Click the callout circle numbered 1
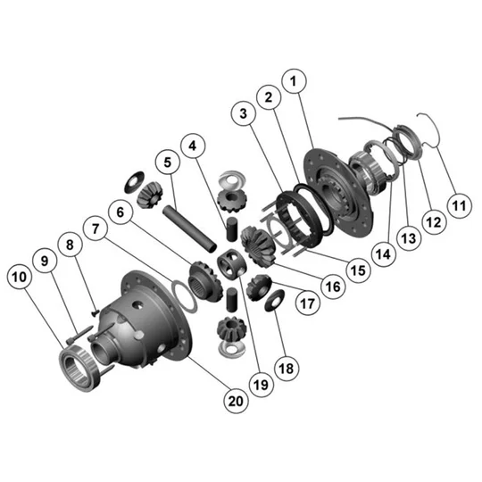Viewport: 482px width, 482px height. click(294, 81)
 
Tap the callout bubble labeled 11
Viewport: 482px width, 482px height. click(460, 205)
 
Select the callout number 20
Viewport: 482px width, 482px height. click(236, 401)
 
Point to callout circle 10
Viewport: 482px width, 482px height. click(19, 277)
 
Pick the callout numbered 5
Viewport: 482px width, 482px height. click(168, 162)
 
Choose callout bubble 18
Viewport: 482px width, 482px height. click(287, 369)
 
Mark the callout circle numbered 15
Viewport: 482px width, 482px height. click(358, 270)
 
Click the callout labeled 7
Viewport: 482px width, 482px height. click(96, 229)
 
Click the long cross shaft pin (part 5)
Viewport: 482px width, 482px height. click(189, 228)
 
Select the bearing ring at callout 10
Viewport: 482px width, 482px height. click(79, 368)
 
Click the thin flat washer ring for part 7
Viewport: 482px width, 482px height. click(184, 296)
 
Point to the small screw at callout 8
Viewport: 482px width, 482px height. click(95, 313)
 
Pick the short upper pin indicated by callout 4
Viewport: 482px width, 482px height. click(232, 229)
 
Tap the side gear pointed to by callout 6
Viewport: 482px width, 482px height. click(205, 280)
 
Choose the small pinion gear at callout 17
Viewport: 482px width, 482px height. click(259, 288)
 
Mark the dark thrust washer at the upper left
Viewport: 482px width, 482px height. click(134, 182)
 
